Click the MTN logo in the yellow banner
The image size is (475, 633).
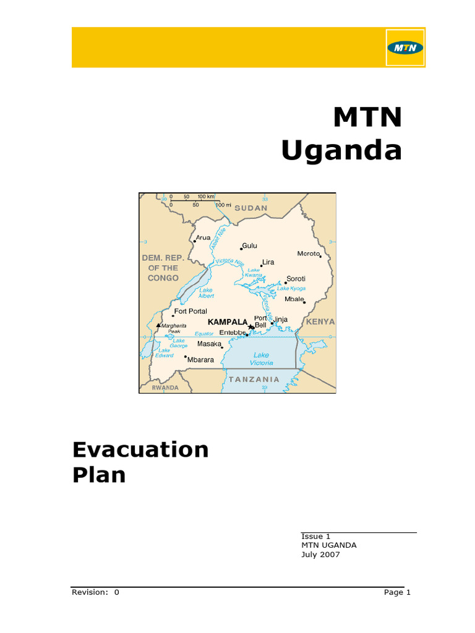click(x=405, y=48)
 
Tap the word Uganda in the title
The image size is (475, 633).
click(x=341, y=150)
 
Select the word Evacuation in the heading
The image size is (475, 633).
click(x=141, y=449)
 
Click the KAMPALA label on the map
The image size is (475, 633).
click(x=228, y=322)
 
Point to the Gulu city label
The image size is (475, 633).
click(x=249, y=245)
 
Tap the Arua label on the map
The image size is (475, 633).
click(x=203, y=237)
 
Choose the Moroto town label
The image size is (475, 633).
click(x=308, y=253)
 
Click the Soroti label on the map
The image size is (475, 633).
click(x=296, y=279)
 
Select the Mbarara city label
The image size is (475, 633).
click(x=200, y=359)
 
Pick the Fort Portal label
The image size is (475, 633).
click(x=190, y=312)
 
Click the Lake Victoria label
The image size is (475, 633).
click(x=261, y=359)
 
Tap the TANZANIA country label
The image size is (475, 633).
click(x=254, y=379)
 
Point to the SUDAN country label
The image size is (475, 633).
click(x=250, y=208)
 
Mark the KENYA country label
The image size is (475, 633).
click(x=320, y=321)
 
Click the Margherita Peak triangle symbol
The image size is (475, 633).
click(x=158, y=325)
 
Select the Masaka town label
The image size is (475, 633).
click(x=209, y=344)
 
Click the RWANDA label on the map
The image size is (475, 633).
click(x=165, y=388)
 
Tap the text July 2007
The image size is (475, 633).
click(x=320, y=554)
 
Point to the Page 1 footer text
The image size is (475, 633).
click(x=397, y=592)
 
